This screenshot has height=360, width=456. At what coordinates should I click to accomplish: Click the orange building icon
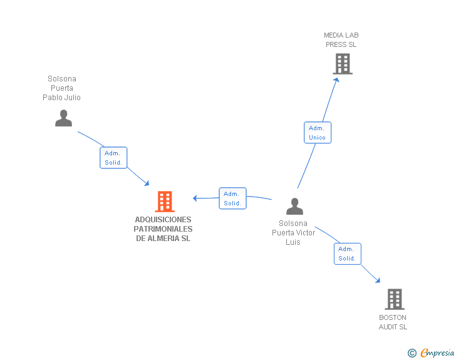coord(165,201)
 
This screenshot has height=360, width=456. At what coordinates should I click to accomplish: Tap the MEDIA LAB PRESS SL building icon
coord(343,64)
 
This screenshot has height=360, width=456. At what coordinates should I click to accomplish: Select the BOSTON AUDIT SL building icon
coord(395,299)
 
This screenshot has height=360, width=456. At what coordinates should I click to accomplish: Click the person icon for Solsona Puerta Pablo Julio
coord(63,118)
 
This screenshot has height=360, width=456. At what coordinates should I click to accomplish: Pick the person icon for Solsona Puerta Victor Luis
coord(294,206)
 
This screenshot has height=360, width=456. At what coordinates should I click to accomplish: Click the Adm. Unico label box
coord(318,133)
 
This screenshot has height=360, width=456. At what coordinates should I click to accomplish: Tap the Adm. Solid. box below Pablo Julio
coord(113,158)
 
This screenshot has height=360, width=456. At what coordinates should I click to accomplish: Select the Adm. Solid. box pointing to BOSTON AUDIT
coord(348,254)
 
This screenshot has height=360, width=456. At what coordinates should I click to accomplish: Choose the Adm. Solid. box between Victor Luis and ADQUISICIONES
coord(232,198)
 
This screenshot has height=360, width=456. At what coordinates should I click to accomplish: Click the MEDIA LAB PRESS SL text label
coord(341,40)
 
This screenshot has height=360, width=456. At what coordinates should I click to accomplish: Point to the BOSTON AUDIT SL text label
coord(393,322)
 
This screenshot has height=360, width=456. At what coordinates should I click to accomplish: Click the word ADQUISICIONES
coord(163,220)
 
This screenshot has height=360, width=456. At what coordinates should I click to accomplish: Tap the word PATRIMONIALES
coord(163,229)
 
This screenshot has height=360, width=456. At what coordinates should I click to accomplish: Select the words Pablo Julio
coord(61,98)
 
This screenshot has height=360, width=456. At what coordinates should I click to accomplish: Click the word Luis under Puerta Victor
coord(293,242)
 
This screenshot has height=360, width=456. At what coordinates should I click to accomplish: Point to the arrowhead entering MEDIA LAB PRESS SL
coord(336,80)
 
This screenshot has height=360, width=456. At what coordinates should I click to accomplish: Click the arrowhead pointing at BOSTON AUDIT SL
coord(378,280)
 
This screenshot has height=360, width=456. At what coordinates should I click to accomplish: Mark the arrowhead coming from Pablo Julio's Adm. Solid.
coord(147,183)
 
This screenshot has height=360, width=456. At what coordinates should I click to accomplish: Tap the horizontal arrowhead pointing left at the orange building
coord(195,198)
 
